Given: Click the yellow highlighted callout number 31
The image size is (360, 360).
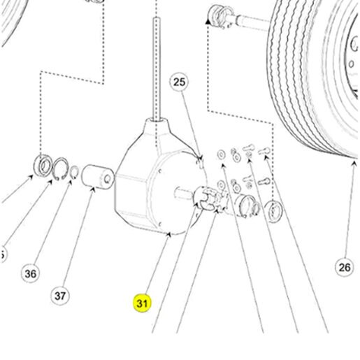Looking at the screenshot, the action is (x=142, y=303).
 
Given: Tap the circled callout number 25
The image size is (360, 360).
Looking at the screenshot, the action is (x=179, y=82).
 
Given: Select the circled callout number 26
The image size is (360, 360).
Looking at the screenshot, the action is (x=345, y=267).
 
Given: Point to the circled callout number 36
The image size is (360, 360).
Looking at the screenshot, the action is (x=31, y=273).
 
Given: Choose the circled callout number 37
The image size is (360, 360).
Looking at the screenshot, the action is (x=60, y=296).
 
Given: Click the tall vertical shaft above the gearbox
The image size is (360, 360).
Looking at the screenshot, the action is (x=157, y=69).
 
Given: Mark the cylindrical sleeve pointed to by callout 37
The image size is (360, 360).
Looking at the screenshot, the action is (x=97, y=177).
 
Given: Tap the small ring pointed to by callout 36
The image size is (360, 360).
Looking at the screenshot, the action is (x=74, y=172).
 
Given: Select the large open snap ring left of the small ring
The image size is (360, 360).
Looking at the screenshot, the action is (x=60, y=169).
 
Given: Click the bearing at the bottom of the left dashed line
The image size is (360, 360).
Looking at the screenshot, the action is (x=43, y=166).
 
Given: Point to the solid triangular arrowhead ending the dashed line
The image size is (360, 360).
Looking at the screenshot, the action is (x=208, y=22).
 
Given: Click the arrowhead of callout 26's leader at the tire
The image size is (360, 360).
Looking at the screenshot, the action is (x=354, y=164).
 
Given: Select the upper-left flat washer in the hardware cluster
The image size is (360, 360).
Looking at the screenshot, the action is (x=221, y=154).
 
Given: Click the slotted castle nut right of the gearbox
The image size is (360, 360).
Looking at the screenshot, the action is (x=204, y=197).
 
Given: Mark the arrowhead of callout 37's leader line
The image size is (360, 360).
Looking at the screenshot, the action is (x=92, y=189).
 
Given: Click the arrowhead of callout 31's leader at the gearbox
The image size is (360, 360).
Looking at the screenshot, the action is (x=169, y=234).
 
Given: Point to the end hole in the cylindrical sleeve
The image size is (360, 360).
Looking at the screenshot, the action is (x=108, y=179).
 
